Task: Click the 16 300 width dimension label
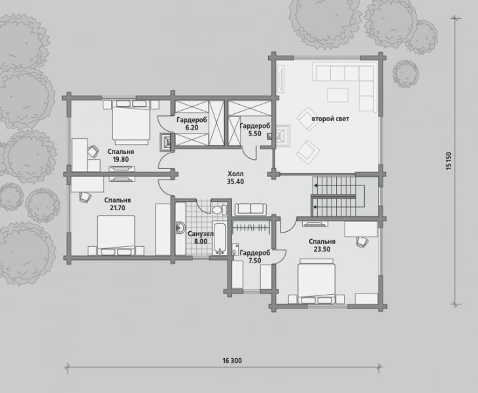[x=232, y=361]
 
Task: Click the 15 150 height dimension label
[x=449, y=161]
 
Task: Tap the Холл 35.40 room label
[x=235, y=178]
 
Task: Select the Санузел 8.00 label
[x=201, y=238]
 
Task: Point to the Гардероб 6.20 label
[x=192, y=124]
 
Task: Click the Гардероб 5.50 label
[x=255, y=130]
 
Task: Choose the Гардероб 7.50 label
[x=255, y=257]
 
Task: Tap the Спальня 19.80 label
[x=121, y=155]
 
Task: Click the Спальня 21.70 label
[x=117, y=204]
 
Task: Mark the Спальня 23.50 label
[x=322, y=245]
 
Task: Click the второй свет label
[x=330, y=119]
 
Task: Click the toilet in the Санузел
[x=219, y=210]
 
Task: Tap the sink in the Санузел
[x=180, y=227]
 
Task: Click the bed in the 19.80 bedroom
[x=131, y=122]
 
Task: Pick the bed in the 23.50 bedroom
[x=316, y=282]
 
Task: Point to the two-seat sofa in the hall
[x=250, y=210]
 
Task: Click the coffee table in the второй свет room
[x=338, y=95]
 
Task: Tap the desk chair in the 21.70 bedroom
[x=85, y=196]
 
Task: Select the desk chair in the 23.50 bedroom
[x=362, y=242]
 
